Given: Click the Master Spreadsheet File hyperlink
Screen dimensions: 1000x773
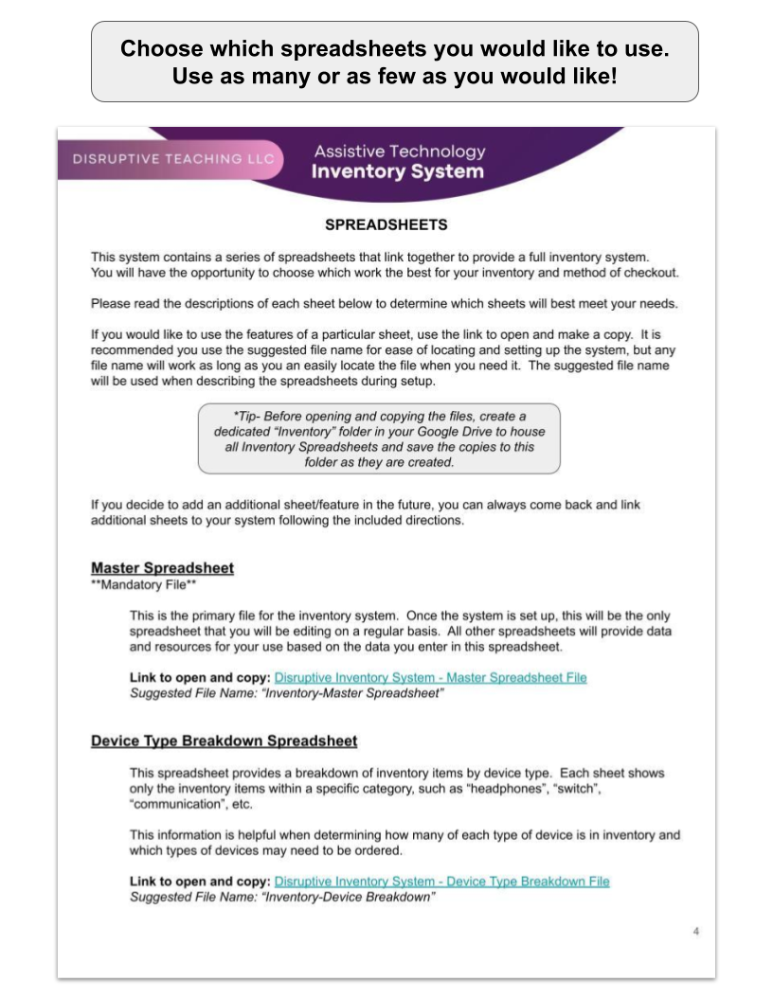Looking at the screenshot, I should (x=430, y=677).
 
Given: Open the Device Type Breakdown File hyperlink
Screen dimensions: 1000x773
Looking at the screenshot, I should (x=441, y=881).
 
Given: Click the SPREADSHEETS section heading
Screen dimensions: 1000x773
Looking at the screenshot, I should (x=386, y=225).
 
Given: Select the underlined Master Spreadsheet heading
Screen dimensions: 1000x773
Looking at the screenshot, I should (x=162, y=568).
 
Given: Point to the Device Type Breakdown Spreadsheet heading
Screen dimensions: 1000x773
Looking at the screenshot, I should (x=224, y=740).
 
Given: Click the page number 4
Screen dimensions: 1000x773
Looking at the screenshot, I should (x=696, y=932).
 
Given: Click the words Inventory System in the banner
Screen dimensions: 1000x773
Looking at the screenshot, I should (x=399, y=172).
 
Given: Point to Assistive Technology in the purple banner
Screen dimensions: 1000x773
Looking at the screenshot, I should (x=399, y=152).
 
